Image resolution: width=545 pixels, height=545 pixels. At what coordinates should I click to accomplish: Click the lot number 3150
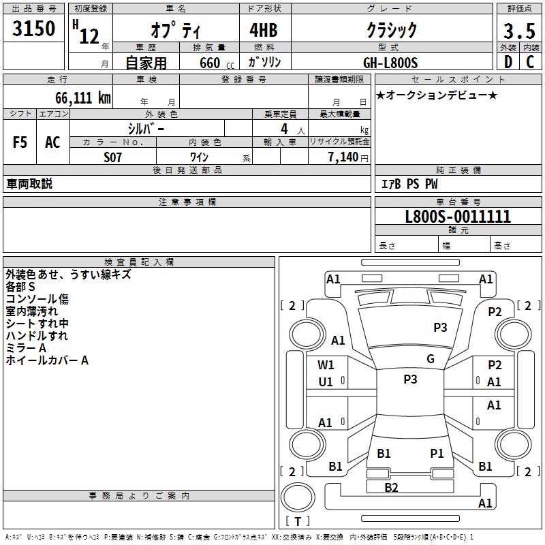pos(34,29)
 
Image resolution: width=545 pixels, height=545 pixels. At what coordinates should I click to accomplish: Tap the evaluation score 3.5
pos(518,31)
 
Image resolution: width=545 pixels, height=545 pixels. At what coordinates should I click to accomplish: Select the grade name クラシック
pos(392,30)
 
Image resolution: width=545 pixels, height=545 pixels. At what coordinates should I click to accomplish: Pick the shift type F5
pos(20,142)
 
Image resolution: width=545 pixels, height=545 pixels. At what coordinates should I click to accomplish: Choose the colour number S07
pos(113,157)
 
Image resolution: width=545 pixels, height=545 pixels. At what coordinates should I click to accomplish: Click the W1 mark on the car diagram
pos(326,364)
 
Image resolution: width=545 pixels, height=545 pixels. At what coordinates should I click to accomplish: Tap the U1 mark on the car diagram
pos(326,382)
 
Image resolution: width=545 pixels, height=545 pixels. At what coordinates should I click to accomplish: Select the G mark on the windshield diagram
pos(431,359)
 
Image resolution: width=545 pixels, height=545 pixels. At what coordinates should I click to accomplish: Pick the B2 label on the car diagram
pos(391,487)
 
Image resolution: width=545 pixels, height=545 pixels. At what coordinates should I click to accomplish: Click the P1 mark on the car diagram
pos(437,453)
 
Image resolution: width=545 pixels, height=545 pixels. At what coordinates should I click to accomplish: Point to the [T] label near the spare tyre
pos(298,522)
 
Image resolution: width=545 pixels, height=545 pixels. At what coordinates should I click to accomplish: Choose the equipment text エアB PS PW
pos(409,184)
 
